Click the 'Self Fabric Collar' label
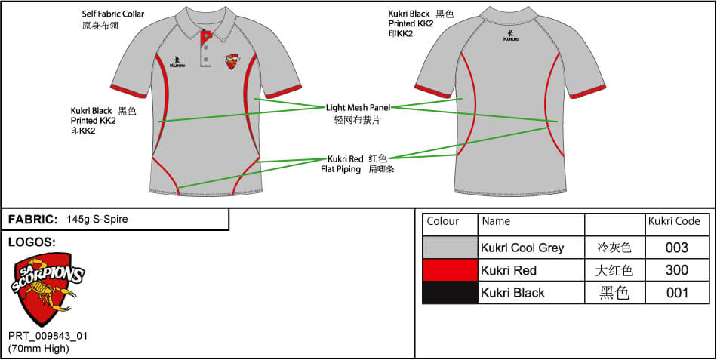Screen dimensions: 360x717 [112, 14]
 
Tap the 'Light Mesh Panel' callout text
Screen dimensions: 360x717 [358, 107]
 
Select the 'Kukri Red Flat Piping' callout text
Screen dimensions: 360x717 [345, 164]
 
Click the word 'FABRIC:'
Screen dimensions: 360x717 [33, 220]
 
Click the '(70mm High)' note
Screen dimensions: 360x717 [39, 349]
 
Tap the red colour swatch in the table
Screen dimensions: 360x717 [450, 270]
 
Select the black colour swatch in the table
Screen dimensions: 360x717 [450, 293]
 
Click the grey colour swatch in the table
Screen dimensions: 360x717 [450, 248]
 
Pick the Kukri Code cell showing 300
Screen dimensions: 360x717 [677, 270]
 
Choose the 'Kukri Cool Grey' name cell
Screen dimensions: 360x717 [522, 248]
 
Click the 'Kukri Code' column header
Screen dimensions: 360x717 [674, 222]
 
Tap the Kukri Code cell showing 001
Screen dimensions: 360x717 [677, 293]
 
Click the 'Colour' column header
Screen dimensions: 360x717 [443, 222]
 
